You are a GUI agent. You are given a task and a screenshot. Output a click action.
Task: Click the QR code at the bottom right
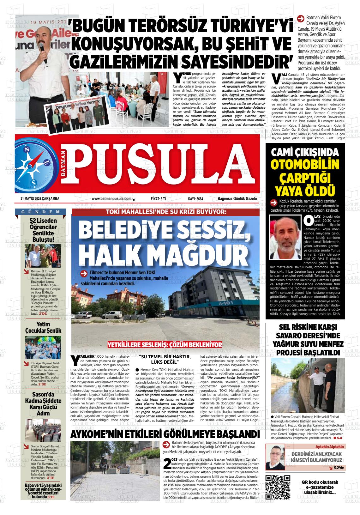(278, 487)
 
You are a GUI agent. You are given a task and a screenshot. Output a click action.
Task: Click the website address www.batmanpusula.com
(111, 199)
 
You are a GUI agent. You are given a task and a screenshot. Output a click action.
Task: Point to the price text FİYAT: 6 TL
(159, 199)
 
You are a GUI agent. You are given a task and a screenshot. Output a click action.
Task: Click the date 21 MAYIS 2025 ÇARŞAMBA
(40, 199)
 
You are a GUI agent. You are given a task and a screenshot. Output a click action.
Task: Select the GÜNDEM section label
(41, 212)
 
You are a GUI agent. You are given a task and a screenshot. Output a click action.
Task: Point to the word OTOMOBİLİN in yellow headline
(305, 165)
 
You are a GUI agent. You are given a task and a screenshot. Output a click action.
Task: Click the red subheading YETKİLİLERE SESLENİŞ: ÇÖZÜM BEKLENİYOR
(165, 344)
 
